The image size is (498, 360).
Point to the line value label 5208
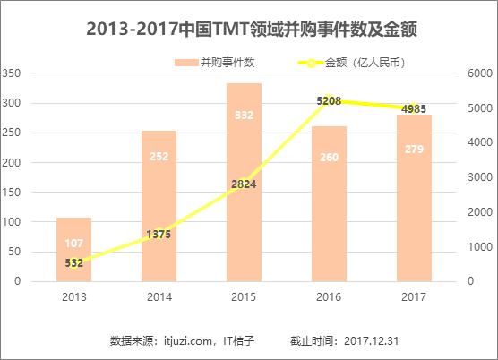(330, 101)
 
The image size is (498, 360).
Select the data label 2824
(244, 184)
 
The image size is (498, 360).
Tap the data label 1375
(159, 234)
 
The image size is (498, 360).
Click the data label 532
(74, 263)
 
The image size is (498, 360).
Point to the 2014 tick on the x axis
(159, 296)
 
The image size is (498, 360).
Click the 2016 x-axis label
(330, 296)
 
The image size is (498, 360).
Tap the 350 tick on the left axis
(13, 73)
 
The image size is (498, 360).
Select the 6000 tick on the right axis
(477, 73)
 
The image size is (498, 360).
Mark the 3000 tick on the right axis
(477, 177)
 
